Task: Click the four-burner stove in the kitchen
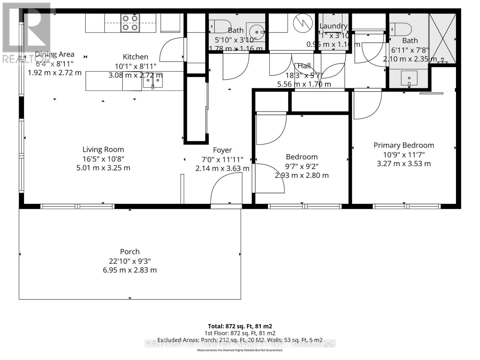pyautogui.click(x=130, y=23)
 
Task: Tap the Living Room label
pyautogui.click(x=103, y=149)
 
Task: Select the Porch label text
pyautogui.click(x=130, y=252)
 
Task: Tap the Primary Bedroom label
pyautogui.click(x=404, y=145)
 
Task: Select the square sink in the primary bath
pyautogui.click(x=409, y=78)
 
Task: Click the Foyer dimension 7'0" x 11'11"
pyautogui.click(x=222, y=159)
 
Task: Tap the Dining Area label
pyautogui.click(x=55, y=54)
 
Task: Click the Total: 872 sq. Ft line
pyautogui.click(x=240, y=326)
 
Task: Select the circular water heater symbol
pyautogui.click(x=303, y=23)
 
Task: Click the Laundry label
pyautogui.click(x=333, y=26)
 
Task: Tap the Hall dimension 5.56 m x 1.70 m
pyautogui.click(x=304, y=84)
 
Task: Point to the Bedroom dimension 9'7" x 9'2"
pyautogui.click(x=301, y=166)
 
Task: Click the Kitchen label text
pyautogui.click(x=135, y=57)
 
